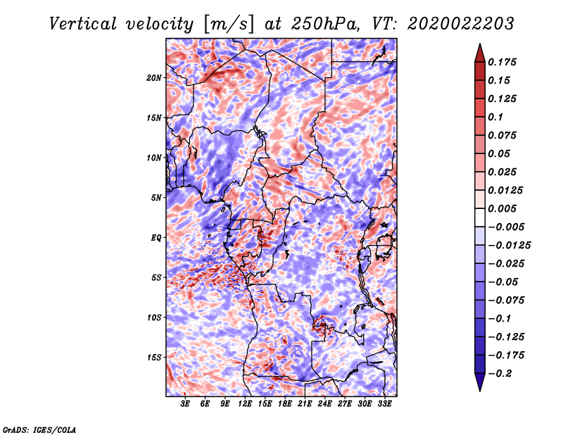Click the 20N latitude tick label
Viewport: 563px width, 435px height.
pyautogui.click(x=154, y=78)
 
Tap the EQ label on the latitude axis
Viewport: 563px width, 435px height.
pyautogui.click(x=156, y=238)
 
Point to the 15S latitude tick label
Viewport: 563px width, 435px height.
pyautogui.click(x=154, y=358)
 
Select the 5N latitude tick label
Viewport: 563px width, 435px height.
pyautogui.click(x=156, y=198)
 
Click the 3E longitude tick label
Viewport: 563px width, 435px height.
pyautogui.click(x=185, y=404)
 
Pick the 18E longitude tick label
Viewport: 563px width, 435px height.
pyautogui.click(x=285, y=404)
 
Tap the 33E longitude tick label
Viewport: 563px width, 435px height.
pyautogui.click(x=384, y=404)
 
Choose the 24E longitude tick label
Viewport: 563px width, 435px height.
pyautogui.click(x=324, y=404)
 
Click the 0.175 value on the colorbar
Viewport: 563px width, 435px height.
pyautogui.click(x=502, y=62)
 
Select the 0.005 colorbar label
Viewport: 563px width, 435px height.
pyautogui.click(x=502, y=208)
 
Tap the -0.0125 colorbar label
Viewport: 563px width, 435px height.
pyautogui.click(x=509, y=246)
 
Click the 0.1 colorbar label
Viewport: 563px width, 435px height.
pyautogui.click(x=495, y=117)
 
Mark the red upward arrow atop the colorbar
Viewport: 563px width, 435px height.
pyautogui.click(x=480, y=53)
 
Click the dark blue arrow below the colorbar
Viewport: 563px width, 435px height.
pyautogui.click(x=480, y=382)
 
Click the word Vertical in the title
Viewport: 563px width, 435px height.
pyautogui.click(x=83, y=24)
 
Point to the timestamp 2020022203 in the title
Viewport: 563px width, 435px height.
pyautogui.click(x=461, y=24)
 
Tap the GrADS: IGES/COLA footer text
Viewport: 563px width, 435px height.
pyautogui.click(x=39, y=429)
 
